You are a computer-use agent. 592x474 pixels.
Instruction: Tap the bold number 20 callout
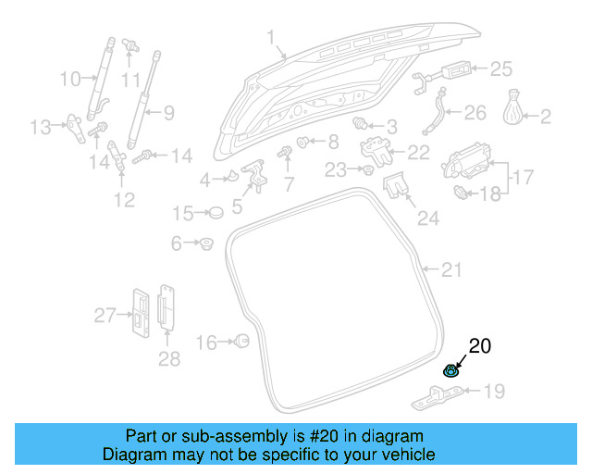pos(480,347)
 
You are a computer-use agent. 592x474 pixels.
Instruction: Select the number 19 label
pos(495,393)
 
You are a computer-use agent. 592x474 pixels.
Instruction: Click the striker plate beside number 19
pos(436,395)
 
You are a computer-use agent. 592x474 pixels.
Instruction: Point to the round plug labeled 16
pos(242,342)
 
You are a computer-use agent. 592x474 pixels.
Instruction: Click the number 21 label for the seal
pos(450,270)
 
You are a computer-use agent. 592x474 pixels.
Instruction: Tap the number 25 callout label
pos(500,68)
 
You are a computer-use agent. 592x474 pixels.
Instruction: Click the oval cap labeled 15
pos(215,213)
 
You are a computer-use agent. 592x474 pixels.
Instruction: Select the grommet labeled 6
pos(206,243)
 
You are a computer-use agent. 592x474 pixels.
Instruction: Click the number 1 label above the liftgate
pos(271,38)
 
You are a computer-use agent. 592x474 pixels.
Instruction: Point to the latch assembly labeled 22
pos(376,147)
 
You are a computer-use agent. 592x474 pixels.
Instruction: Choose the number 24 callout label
pos(427,218)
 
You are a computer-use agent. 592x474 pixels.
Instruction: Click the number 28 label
pos(168,357)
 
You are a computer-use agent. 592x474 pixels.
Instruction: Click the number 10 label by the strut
pos(71,80)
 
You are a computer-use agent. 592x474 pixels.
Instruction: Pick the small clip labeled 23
pos(368,171)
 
